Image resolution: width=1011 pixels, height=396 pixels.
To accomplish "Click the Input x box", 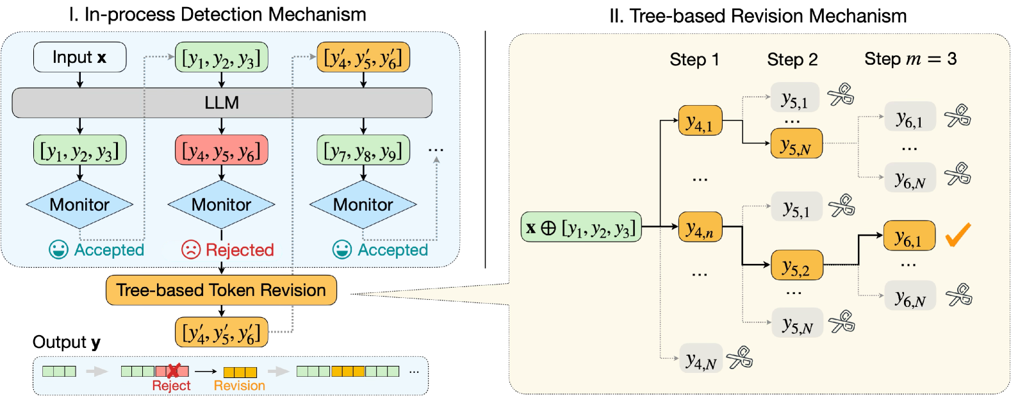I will click(79, 58).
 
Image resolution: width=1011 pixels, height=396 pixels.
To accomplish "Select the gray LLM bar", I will click(222, 103).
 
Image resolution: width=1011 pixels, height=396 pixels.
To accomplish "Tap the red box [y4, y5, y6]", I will click(222, 151).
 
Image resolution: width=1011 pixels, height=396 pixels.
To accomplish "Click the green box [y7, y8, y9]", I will click(363, 151).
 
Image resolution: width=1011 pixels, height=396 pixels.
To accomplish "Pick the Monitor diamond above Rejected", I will click(222, 204).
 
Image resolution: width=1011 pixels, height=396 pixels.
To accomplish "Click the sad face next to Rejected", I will click(191, 250).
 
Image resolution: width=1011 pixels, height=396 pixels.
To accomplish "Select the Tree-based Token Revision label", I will click(221, 290).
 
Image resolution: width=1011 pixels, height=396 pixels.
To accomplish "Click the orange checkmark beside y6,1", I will click(958, 235).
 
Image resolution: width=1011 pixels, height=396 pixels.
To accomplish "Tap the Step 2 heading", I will click(793, 60).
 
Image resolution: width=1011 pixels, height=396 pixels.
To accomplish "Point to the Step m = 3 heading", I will click(910, 59).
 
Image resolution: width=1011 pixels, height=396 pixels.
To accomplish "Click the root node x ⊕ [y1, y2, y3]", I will click(581, 227).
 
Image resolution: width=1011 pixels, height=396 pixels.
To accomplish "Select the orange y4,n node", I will click(700, 227).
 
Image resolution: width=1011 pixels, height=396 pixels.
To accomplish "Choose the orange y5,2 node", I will click(796, 265).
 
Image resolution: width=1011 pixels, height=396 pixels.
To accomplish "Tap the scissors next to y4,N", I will click(740, 358).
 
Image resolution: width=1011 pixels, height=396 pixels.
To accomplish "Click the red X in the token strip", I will click(173, 371).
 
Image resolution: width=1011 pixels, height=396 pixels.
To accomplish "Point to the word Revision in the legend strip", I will click(239, 386).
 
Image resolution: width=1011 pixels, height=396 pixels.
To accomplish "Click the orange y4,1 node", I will click(700, 121).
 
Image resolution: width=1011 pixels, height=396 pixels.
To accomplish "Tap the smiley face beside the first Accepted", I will click(58, 250).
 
